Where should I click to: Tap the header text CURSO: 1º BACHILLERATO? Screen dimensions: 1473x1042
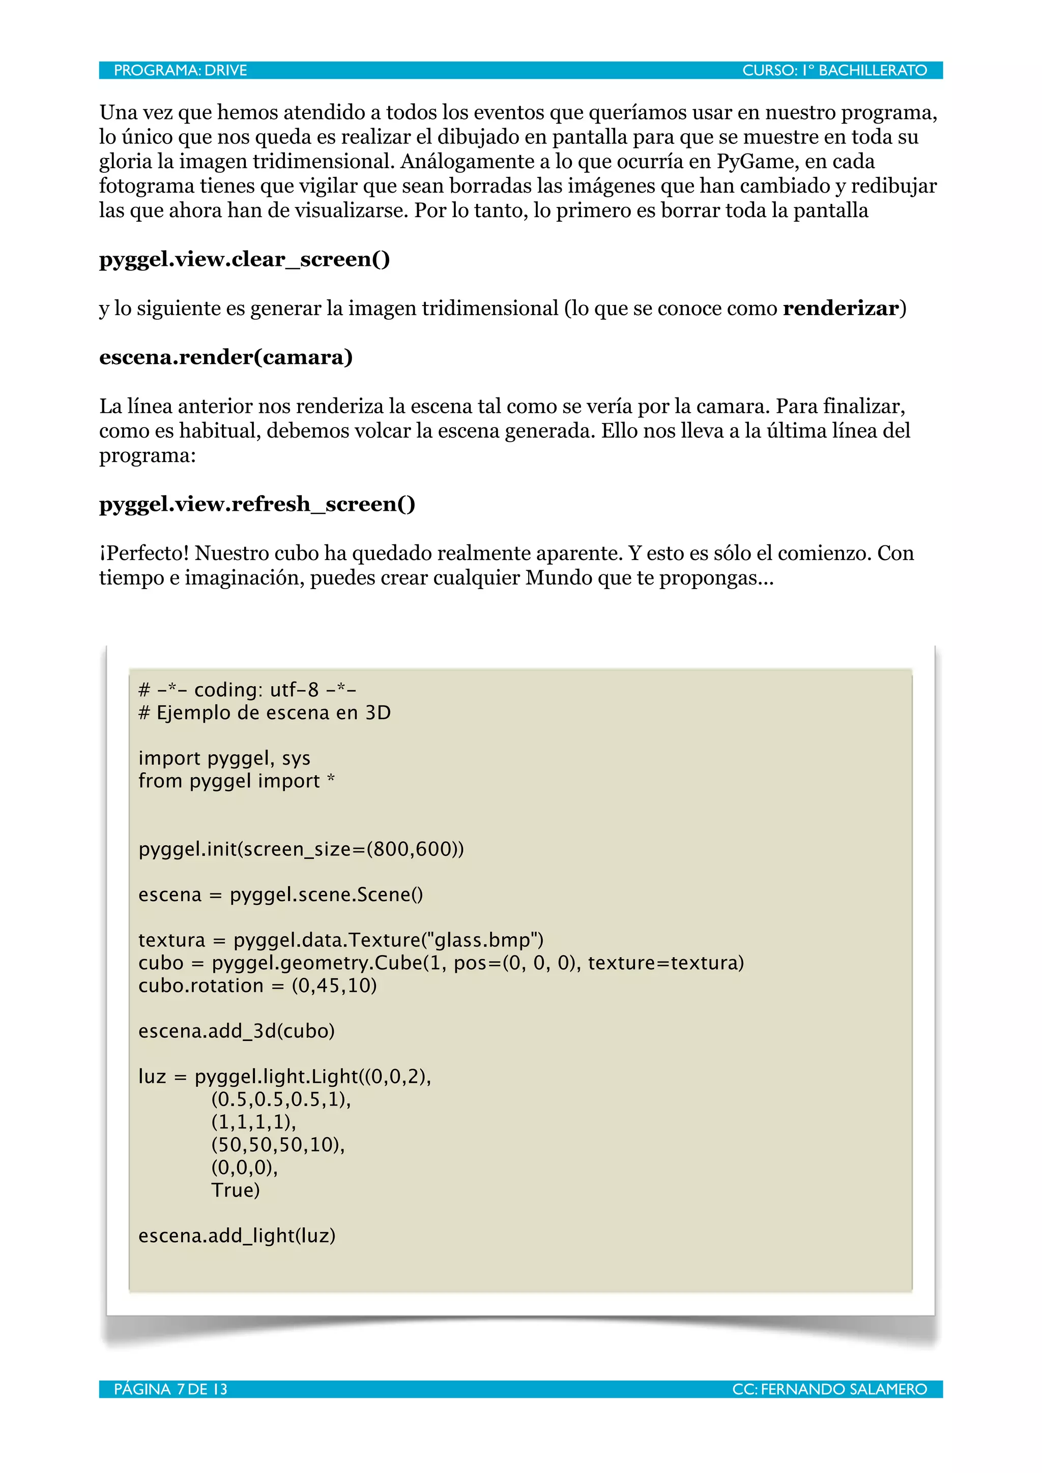pyautogui.click(x=834, y=71)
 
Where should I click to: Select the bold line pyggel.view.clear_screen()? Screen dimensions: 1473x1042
pyautogui.click(x=244, y=259)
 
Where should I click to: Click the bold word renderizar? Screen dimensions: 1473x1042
pyautogui.click(x=840, y=309)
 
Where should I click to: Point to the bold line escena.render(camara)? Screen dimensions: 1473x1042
pyautogui.click(x=225, y=357)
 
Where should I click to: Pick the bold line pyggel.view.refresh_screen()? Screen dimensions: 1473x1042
pyautogui.click(x=257, y=504)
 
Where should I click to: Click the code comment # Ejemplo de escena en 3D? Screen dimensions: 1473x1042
pyautogui.click(x=264, y=713)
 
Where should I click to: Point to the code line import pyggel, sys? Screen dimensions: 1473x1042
pyautogui.click(x=224, y=758)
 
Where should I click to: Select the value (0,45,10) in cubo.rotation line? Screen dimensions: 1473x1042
pyautogui.click(x=334, y=986)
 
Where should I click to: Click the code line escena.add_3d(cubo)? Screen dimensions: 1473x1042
pyautogui.click(x=236, y=1031)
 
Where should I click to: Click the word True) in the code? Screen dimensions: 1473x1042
pyautogui.click(x=235, y=1190)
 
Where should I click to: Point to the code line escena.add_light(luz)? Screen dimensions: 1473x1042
pyautogui.click(x=236, y=1236)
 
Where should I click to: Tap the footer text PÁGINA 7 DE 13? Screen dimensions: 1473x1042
pyautogui.click(x=170, y=1390)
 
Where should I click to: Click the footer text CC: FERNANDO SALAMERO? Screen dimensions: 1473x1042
pyautogui.click(x=829, y=1390)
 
